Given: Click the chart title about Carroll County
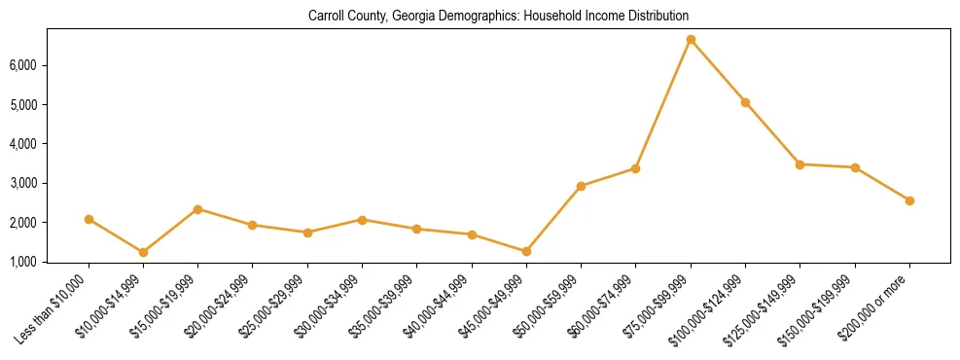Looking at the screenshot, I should coord(498,16).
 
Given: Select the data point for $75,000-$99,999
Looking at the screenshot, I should coord(691,40).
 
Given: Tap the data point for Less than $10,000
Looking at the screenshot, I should coord(89,219).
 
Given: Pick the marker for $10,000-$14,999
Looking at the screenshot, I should coord(143,252).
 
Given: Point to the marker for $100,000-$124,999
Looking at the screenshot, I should coord(745,102).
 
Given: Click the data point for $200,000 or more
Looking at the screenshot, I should coord(909,200).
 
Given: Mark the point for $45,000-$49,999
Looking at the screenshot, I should coord(526,251).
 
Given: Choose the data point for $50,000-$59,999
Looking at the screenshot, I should coord(581,186).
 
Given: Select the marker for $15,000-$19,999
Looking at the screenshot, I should coord(197,209).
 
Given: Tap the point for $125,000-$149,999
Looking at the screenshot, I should coord(800,164).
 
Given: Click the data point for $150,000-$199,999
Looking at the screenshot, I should coord(855,167).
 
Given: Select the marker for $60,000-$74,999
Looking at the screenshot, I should coord(635,168).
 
